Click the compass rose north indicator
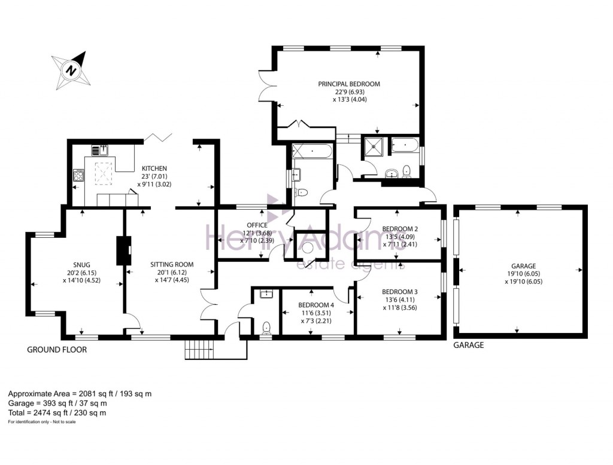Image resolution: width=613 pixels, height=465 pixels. click(x=71, y=71)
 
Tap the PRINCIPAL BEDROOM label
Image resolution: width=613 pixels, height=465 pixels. click(x=349, y=84)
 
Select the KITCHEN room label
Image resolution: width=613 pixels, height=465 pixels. click(x=154, y=169)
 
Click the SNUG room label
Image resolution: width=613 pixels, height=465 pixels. click(x=81, y=265)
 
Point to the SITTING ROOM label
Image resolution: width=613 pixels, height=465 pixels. click(x=172, y=265)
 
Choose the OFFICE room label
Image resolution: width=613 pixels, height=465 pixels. click(x=257, y=225)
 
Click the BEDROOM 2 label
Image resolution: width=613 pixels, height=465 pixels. click(x=400, y=229)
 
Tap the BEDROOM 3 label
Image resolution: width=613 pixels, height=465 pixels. click(x=400, y=292)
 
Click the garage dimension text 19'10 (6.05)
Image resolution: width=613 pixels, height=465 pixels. click(x=523, y=274)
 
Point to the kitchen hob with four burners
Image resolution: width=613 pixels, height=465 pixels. click(x=78, y=175)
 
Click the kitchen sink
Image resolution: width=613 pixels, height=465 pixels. click(x=100, y=150)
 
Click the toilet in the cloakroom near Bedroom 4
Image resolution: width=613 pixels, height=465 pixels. click(x=267, y=328)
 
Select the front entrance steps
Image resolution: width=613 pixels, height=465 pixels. click(x=200, y=348)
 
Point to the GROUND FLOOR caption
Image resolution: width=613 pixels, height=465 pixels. click(x=57, y=350)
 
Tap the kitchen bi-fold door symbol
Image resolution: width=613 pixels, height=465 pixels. click(x=158, y=137)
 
